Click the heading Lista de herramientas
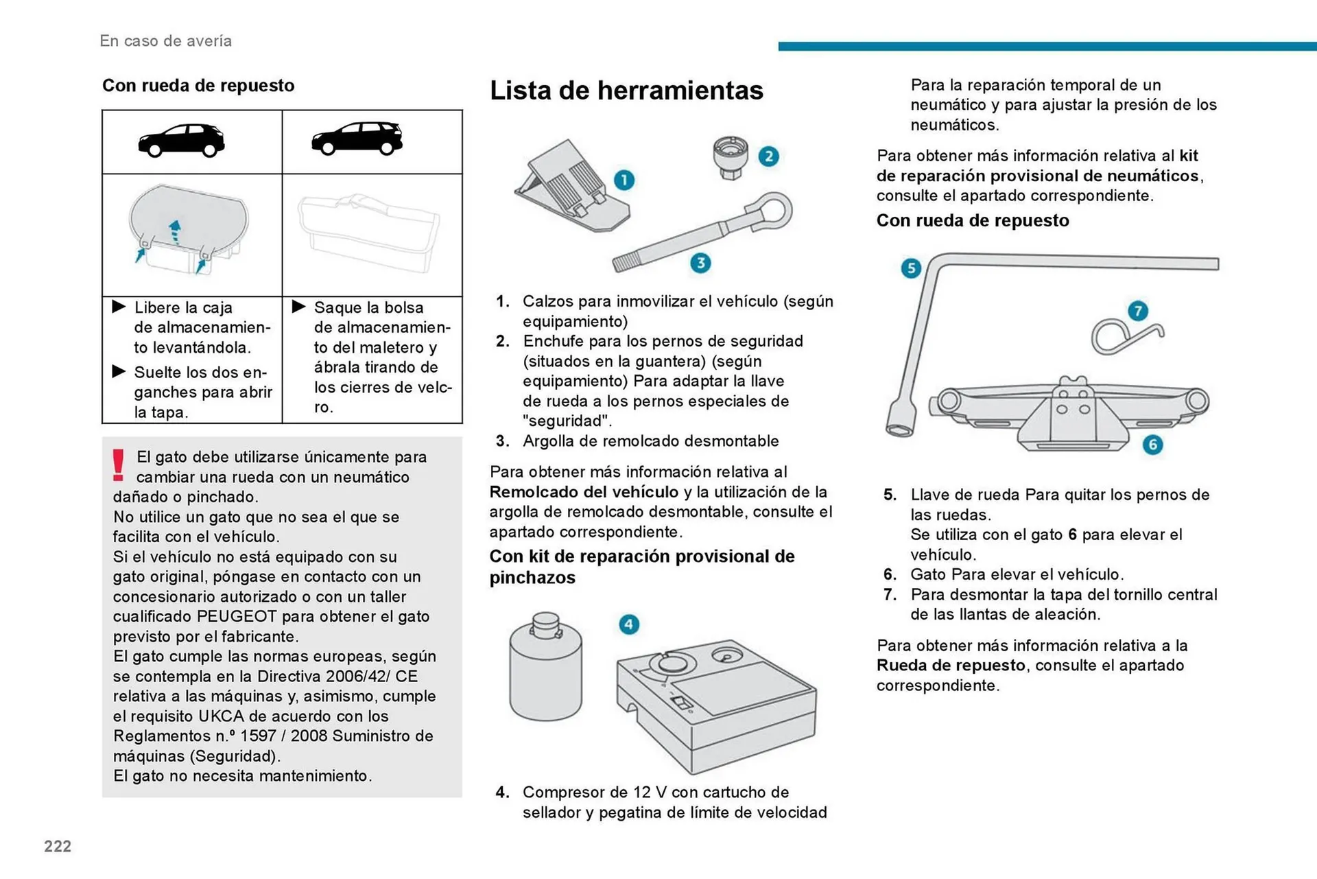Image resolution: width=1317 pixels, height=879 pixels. [626, 91]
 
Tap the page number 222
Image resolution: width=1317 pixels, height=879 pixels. [58, 846]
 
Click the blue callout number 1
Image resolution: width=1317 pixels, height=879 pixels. [624, 180]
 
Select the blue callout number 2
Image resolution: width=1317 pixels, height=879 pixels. [768, 156]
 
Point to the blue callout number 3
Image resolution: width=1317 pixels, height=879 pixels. [700, 263]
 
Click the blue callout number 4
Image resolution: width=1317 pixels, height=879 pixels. [629, 624]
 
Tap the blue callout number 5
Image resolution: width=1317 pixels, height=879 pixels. [911, 268]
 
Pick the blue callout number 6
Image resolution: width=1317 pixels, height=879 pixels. [1152, 445]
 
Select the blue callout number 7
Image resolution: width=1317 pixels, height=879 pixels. [1138, 311]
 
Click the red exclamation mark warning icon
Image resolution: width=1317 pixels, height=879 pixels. [119, 465]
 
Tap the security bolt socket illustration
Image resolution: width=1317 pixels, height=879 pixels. [731, 157]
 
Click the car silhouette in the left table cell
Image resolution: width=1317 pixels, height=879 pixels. [181, 141]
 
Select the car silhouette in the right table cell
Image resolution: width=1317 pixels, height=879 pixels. [357, 139]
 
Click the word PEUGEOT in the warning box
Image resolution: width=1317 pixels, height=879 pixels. [237, 616]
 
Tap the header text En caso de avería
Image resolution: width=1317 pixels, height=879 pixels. [165, 41]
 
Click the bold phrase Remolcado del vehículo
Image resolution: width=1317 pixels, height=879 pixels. [584, 492]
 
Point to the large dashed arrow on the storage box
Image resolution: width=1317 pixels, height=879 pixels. [175, 233]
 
